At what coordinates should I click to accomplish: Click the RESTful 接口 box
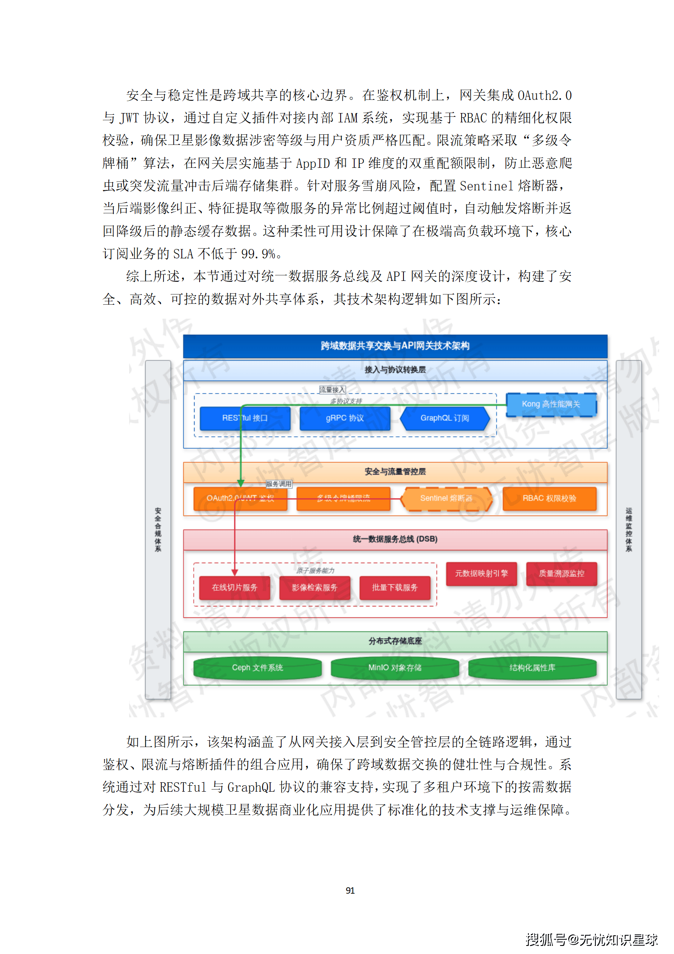point(245,418)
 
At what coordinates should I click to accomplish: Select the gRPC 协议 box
point(344,418)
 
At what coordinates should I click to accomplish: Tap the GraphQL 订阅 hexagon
point(445,418)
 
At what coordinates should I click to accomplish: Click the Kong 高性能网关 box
point(551,404)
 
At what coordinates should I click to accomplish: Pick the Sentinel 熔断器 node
point(446,498)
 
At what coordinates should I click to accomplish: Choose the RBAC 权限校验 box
point(549,498)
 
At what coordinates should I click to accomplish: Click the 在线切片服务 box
point(234,587)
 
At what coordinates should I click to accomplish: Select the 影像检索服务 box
point(315,587)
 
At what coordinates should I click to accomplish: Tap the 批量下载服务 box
point(395,587)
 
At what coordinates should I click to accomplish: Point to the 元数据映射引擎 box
point(481,573)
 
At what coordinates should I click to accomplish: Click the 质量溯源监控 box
point(561,573)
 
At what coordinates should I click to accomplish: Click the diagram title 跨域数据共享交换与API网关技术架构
point(395,346)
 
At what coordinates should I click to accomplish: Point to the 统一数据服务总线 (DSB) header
point(395,539)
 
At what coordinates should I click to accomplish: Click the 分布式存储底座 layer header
point(395,641)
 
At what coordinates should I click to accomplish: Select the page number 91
point(350,890)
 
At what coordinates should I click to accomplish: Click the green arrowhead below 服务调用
point(241,483)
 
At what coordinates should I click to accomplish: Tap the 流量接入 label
point(332,390)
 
